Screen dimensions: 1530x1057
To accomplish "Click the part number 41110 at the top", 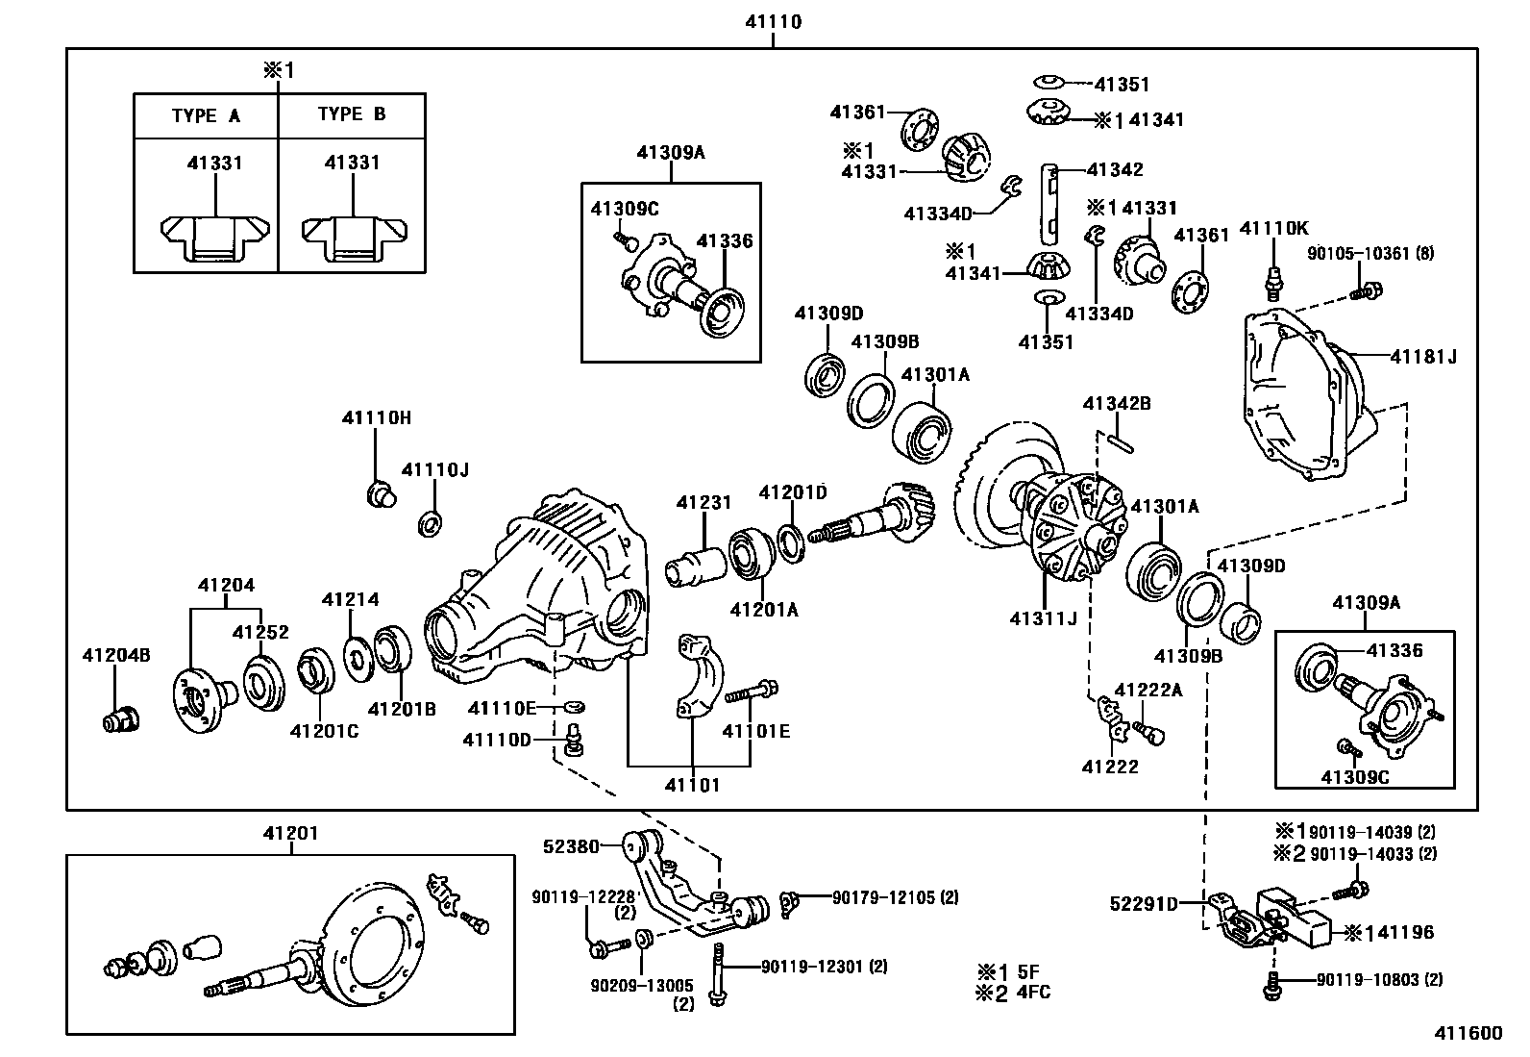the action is [774, 22].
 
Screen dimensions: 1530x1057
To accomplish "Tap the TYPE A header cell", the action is [206, 115].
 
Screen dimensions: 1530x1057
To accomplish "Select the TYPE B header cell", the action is [352, 114].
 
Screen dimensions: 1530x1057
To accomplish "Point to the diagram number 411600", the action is [1468, 1033].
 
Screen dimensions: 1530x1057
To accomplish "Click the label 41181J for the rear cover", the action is [1423, 356].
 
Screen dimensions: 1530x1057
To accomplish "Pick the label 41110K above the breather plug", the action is [1273, 228].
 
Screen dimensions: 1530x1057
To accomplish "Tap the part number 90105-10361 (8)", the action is [1370, 254].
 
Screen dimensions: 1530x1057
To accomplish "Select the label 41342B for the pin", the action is [1117, 404].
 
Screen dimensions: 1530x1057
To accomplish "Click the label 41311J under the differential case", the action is [1044, 618].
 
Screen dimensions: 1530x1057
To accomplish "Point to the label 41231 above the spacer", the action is [703, 502].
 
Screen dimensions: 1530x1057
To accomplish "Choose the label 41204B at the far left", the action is [116, 655].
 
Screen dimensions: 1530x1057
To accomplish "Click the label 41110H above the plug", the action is [377, 417].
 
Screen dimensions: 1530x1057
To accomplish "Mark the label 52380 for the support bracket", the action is [571, 846].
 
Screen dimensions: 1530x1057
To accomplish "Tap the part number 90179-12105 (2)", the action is [895, 897].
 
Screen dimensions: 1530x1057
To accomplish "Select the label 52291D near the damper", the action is [1144, 904].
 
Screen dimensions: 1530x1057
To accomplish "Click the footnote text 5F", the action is [1028, 972].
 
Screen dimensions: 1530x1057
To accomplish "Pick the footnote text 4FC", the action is [1033, 992].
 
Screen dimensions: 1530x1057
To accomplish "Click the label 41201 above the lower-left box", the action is [291, 834].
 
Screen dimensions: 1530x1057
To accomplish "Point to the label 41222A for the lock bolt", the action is [1148, 690].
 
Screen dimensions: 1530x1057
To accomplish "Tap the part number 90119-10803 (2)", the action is [1380, 980].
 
